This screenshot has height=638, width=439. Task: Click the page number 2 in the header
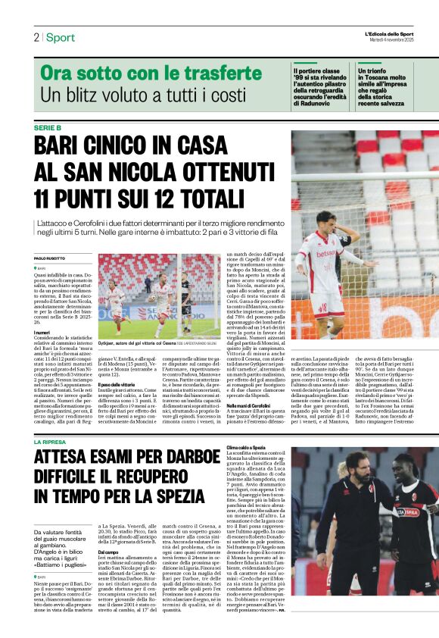[x=36, y=37]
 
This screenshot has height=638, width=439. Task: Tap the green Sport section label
[x=60, y=37]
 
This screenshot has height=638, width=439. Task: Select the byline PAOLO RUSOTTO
[x=50, y=258]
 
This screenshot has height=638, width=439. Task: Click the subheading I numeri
[x=42, y=333]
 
